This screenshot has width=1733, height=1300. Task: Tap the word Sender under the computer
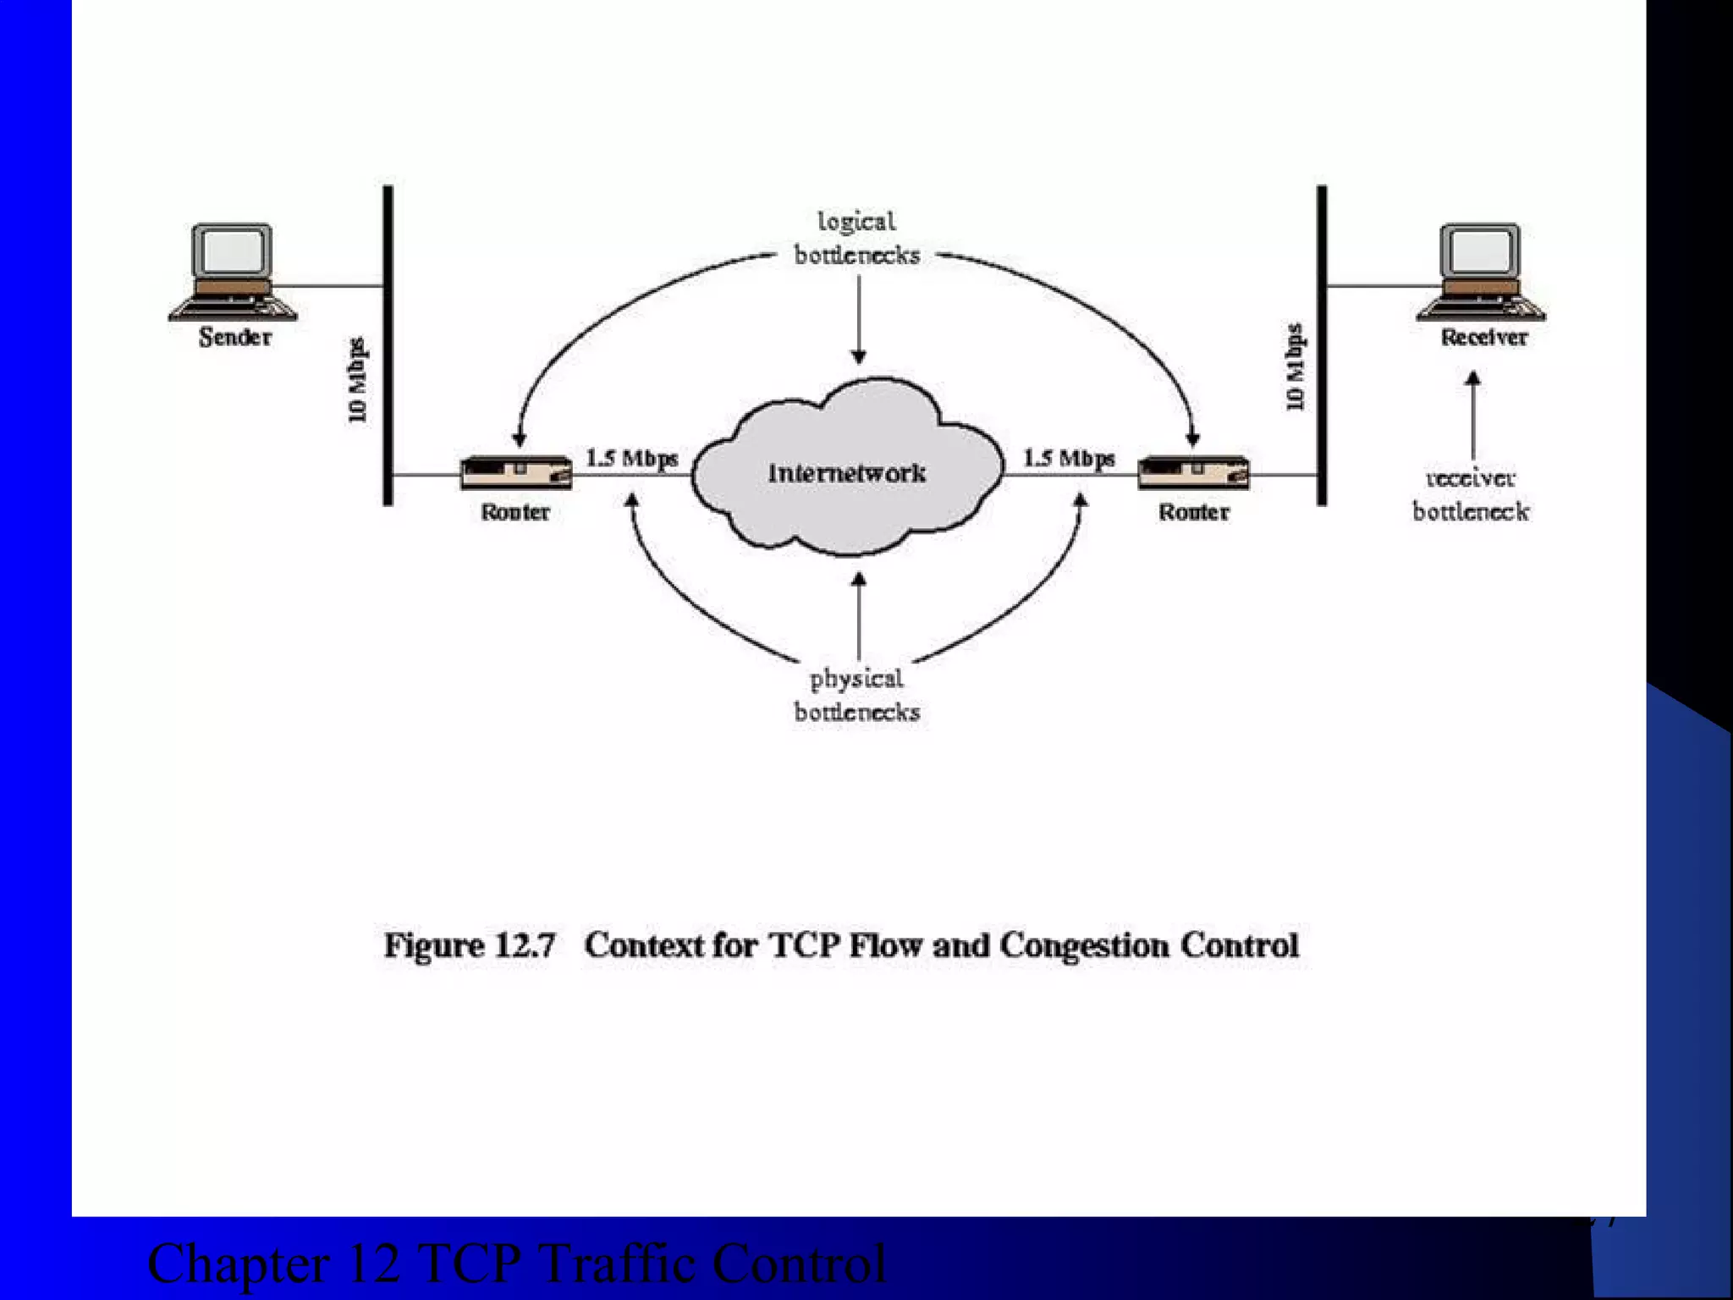click(235, 337)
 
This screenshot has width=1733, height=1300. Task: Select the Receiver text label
click(1484, 337)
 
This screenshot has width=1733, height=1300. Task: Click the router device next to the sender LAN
click(515, 472)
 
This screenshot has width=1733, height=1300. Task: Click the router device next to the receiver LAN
click(1193, 472)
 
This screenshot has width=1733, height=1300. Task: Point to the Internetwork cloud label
click(846, 472)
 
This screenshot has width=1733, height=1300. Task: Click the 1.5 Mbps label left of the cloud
click(632, 458)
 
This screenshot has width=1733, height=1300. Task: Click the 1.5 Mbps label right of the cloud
click(1069, 458)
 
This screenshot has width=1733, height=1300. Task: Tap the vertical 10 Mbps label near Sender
click(358, 380)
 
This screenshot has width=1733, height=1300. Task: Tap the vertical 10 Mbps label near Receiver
click(1296, 367)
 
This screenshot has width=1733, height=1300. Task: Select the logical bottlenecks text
click(856, 239)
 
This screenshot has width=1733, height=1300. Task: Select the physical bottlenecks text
click(856, 695)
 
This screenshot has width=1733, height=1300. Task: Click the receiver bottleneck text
click(1471, 495)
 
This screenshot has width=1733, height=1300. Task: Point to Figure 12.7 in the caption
click(470, 945)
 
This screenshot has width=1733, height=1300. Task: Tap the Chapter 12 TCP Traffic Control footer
click(516, 1264)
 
